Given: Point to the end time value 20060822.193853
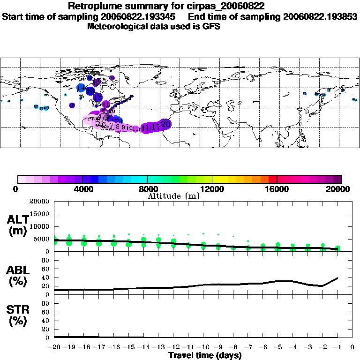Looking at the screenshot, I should click(x=321, y=16).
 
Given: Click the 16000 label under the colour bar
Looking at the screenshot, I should click(x=277, y=189).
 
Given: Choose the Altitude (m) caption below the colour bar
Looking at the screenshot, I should click(x=174, y=196).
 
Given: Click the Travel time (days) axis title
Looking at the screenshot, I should click(x=205, y=355).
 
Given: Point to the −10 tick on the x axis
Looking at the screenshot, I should click(x=203, y=347).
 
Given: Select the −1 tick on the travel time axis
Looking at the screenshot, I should click(x=337, y=347).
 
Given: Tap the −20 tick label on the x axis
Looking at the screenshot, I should click(x=54, y=347).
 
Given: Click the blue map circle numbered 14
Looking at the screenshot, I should click(x=81, y=88).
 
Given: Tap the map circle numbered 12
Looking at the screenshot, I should click(x=98, y=97).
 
